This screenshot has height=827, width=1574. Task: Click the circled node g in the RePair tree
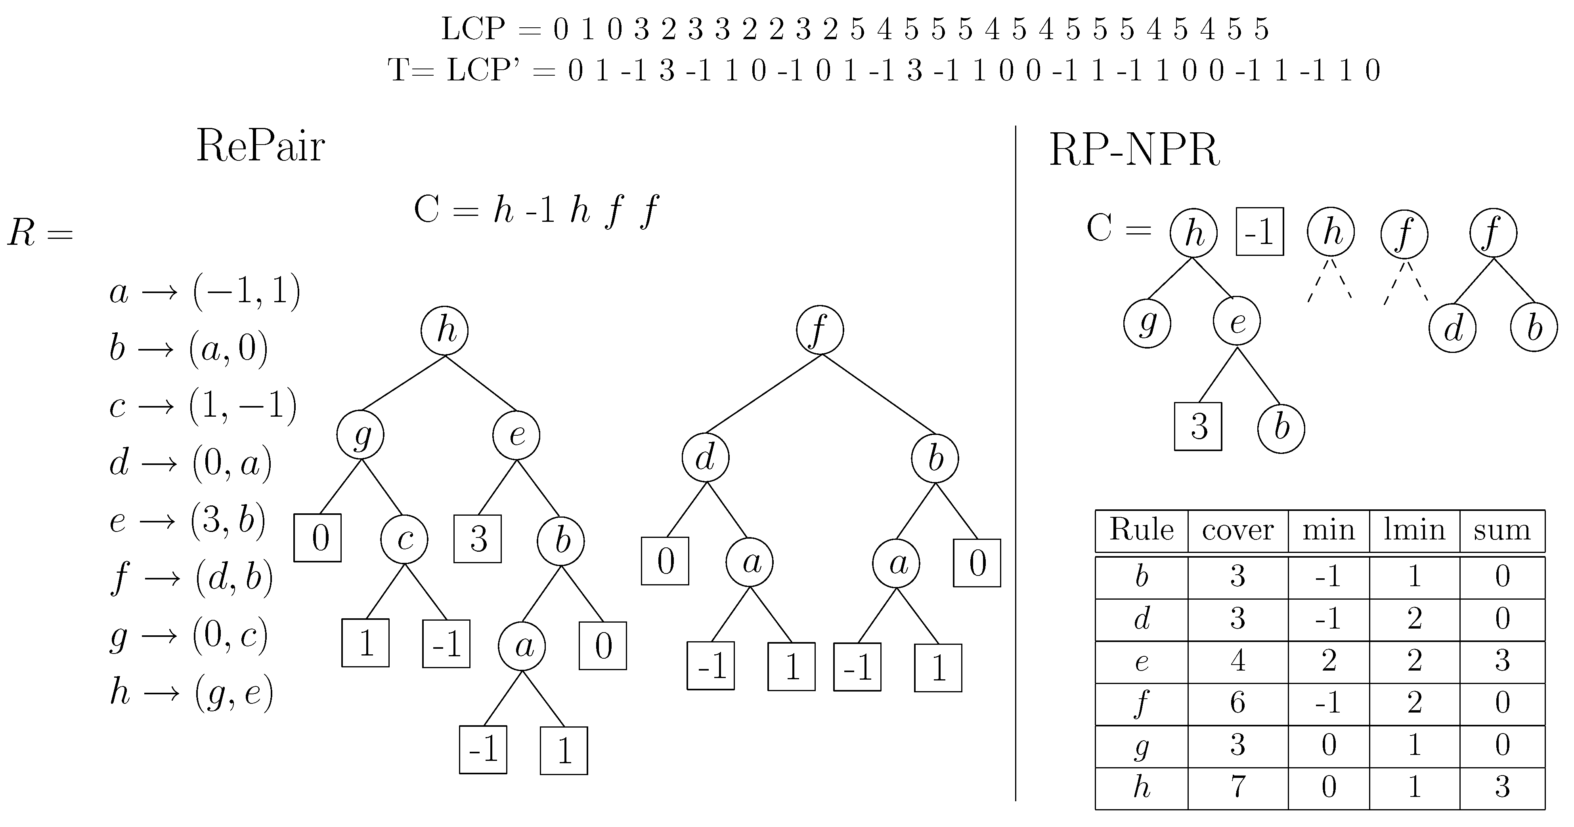click(x=361, y=435)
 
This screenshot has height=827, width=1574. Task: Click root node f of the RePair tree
click(x=819, y=330)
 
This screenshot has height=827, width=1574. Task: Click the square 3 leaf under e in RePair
click(x=478, y=539)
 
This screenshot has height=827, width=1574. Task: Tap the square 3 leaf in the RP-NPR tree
click(x=1197, y=426)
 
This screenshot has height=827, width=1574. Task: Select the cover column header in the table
click(x=1237, y=530)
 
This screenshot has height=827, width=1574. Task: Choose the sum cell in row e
click(x=1502, y=661)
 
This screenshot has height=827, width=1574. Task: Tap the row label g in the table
click(x=1141, y=745)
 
